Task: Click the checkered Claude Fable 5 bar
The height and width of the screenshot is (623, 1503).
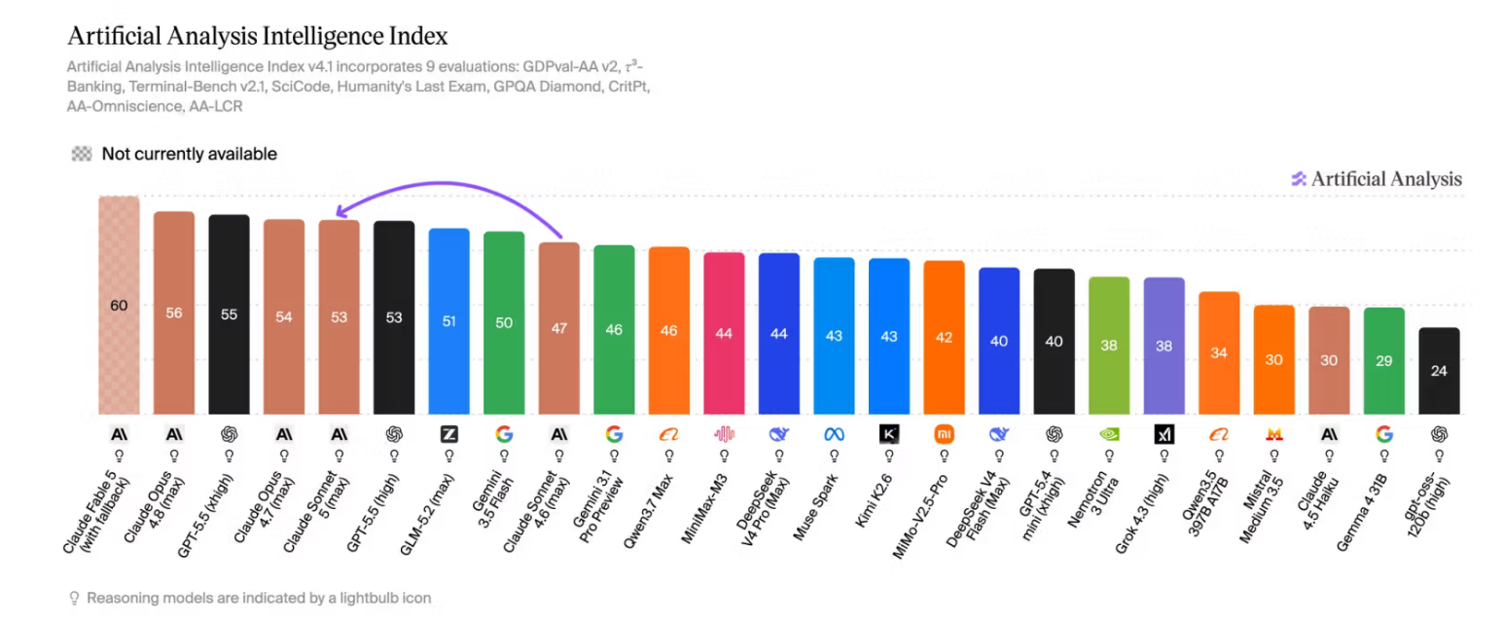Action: [119, 305]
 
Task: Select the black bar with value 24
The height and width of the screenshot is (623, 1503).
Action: [1439, 371]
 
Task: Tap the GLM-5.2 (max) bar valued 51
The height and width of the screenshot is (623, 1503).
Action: [448, 321]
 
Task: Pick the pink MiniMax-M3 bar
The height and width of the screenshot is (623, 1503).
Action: [724, 333]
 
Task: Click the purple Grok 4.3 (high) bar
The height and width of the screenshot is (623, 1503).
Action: [1164, 346]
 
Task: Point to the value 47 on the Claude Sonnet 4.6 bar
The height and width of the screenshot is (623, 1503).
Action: [559, 328]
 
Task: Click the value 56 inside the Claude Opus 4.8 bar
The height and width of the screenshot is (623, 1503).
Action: [174, 312]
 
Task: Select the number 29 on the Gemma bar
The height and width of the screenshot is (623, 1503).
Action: [1383, 360]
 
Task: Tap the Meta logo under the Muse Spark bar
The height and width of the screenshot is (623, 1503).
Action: [834, 434]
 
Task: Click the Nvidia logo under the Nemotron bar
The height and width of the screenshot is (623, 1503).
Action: [1109, 434]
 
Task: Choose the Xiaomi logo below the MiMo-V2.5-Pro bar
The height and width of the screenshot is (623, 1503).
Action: [944, 434]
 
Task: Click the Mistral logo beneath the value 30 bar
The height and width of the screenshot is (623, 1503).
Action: [1274, 434]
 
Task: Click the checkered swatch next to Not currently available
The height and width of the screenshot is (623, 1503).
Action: [82, 154]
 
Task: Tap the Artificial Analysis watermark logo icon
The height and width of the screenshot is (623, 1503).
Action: [1299, 178]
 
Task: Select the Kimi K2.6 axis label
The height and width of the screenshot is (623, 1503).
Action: [874, 500]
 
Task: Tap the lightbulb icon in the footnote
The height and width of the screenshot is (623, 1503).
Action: [75, 598]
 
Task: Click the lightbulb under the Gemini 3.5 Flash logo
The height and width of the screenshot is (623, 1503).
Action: [504, 456]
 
